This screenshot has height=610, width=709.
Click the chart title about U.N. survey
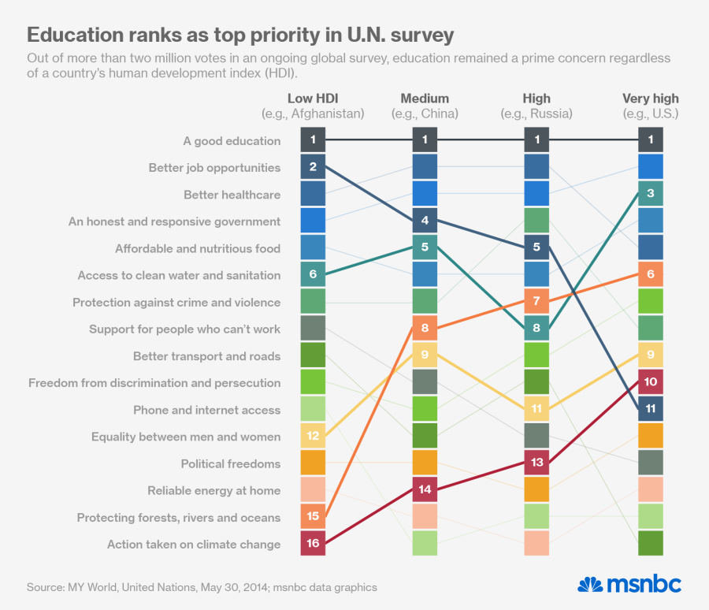[x=240, y=35]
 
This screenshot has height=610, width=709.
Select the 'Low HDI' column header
[x=313, y=99]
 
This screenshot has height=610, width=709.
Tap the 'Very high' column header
[x=650, y=99]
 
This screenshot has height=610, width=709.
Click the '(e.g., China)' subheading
[x=425, y=113]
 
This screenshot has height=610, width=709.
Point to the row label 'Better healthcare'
[x=232, y=195]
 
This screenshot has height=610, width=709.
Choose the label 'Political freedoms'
[x=230, y=463]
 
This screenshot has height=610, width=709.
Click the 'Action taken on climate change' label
[x=194, y=544]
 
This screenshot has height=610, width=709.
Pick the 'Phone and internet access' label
[x=206, y=410]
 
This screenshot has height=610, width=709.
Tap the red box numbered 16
[x=313, y=544]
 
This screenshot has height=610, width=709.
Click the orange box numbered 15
[x=313, y=517]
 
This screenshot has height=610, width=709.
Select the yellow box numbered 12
[x=313, y=436]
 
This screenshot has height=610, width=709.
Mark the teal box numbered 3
[x=650, y=194]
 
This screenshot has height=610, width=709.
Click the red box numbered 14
[x=425, y=489]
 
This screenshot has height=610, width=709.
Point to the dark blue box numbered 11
[x=650, y=409]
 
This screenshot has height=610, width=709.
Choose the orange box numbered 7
[x=536, y=302]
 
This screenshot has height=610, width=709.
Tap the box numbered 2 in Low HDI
[x=313, y=167]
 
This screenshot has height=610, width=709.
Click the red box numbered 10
[x=650, y=382]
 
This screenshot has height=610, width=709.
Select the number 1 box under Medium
[x=425, y=140]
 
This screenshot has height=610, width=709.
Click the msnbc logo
[x=629, y=584]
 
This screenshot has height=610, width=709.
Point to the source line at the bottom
[x=202, y=587]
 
